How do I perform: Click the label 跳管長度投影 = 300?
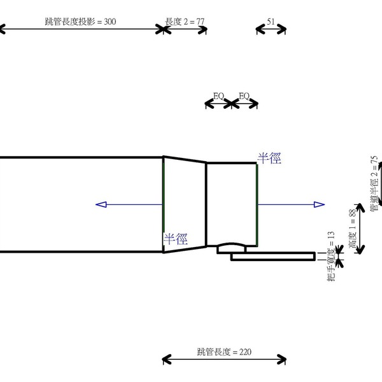80,22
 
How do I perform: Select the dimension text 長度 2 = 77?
185,22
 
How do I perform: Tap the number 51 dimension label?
271,22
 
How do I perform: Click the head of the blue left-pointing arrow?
100,204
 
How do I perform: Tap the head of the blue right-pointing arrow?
320,204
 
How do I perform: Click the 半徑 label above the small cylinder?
269,158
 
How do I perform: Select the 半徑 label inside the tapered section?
176,239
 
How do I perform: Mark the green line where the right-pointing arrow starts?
257,204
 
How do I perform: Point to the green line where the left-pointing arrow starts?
163,204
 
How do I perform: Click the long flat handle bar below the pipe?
274,257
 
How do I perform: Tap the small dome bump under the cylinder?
232,245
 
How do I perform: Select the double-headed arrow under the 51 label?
271,29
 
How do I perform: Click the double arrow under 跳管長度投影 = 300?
80,29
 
